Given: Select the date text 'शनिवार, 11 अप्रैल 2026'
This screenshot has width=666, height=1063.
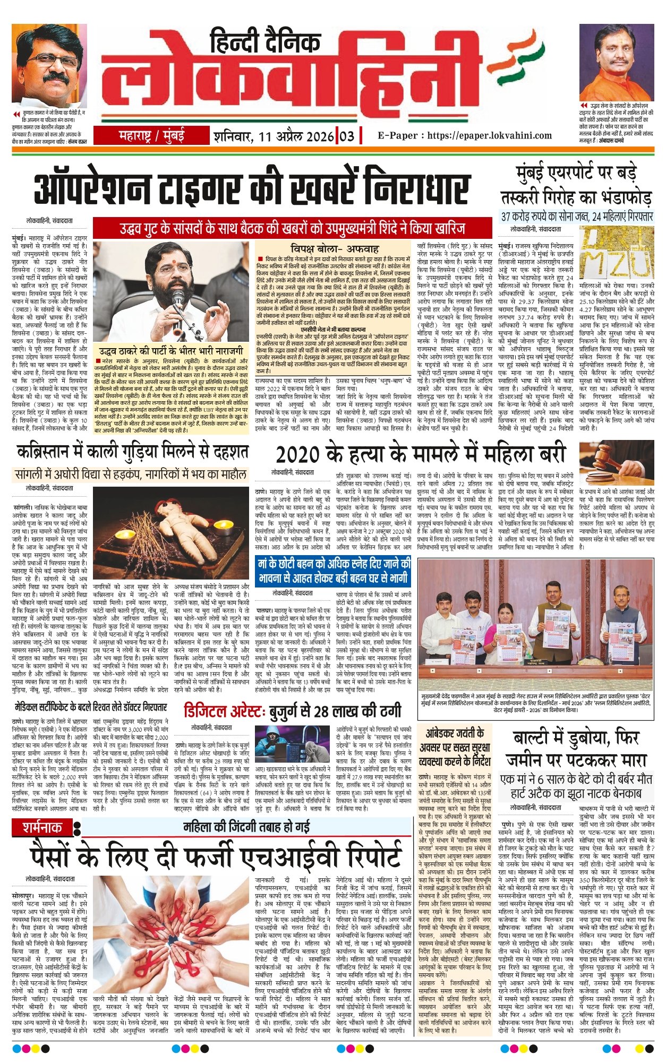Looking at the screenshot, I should coord(274,136).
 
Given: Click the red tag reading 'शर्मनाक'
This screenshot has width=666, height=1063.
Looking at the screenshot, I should coord(42,827).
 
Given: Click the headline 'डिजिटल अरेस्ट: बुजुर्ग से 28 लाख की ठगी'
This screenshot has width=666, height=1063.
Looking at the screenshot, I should coord(293,711).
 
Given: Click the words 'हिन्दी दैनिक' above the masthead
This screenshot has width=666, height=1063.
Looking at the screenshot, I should coord(266,41).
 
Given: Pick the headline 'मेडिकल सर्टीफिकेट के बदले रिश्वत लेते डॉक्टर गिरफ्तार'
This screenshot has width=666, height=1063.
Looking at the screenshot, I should coord(91,707).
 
